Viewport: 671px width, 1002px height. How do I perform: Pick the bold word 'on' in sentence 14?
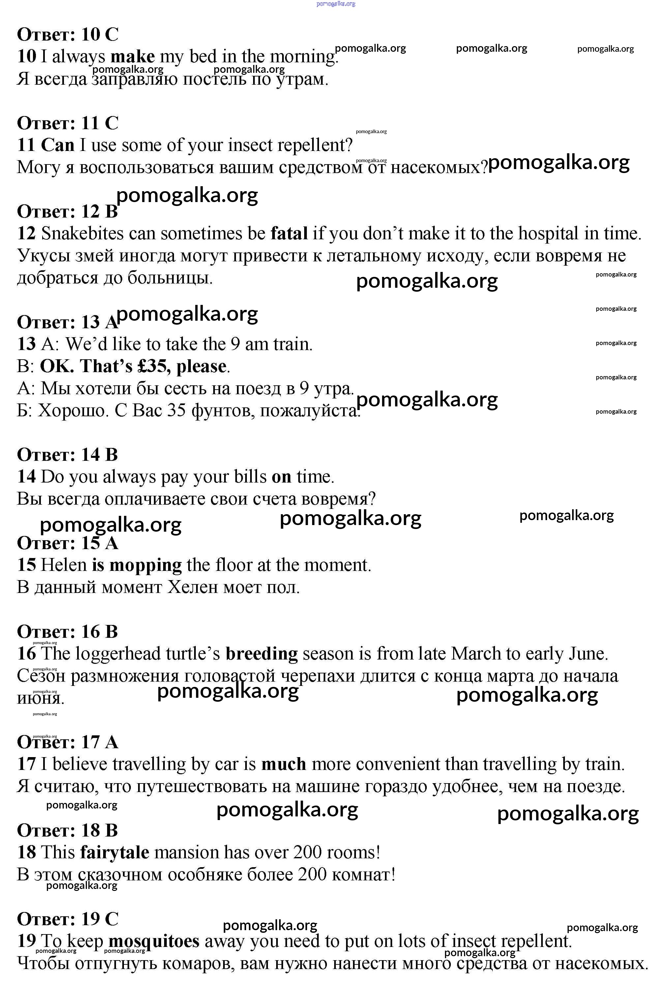coord(281,477)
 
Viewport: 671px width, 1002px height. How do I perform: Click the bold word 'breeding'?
coord(261,654)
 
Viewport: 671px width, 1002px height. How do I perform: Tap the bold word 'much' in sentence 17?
coord(284,764)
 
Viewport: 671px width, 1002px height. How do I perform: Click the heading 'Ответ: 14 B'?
coord(67,455)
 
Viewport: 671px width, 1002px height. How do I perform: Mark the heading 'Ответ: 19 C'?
coord(68,919)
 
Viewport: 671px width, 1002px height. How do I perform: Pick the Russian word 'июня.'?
coord(41,698)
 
